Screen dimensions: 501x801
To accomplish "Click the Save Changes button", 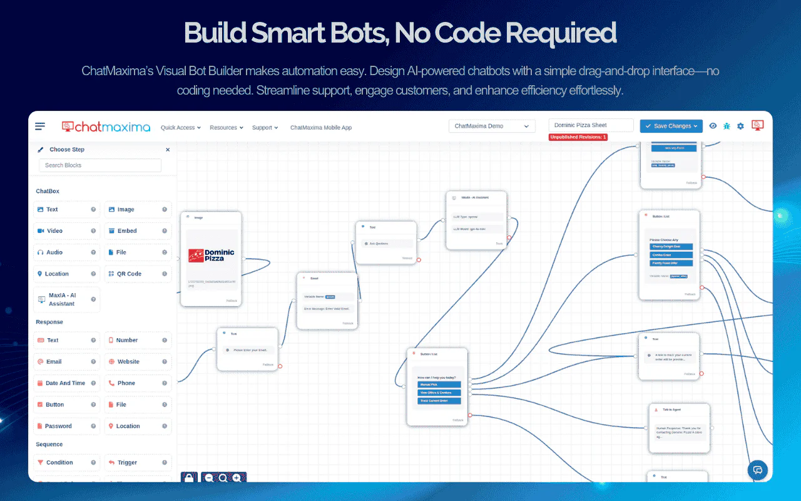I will pos(671,126).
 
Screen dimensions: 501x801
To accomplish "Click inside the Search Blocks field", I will pos(100,165).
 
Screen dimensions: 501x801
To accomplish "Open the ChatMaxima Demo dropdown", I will pos(492,126).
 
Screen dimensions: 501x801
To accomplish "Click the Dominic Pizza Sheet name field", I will pos(591,125).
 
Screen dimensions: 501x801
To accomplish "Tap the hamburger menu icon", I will pos(40,127).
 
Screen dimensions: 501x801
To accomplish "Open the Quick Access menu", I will pos(180,128).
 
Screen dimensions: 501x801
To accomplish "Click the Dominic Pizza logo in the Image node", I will pos(211,256).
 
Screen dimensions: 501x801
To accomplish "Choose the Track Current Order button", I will pos(439,401).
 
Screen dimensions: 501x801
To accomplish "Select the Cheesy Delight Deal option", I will pos(671,247).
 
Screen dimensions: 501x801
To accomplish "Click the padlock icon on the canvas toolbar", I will pos(189,478).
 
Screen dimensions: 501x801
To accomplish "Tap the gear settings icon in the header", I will pos(740,126).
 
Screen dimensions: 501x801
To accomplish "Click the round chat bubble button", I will pos(758,470).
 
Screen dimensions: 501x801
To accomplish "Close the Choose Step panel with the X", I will pos(168,150).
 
